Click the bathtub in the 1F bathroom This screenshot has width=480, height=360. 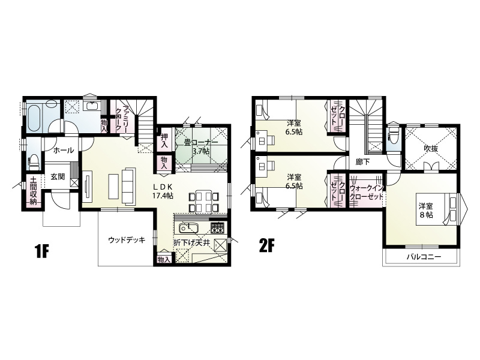pyautogui.click(x=35, y=116)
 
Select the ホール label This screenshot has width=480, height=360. pyautogui.click(x=64, y=151)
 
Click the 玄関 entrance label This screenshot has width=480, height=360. pyautogui.click(x=58, y=176)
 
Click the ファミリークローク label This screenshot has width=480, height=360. pyautogui.click(x=122, y=118)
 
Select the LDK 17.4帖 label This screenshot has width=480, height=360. pyautogui.click(x=163, y=191)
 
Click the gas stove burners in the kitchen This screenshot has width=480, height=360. pyautogui.click(x=218, y=228)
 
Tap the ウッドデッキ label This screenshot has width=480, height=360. pyautogui.click(x=127, y=240)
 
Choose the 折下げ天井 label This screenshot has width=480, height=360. pyautogui.click(x=191, y=244)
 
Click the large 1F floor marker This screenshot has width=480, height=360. pyautogui.click(x=42, y=251)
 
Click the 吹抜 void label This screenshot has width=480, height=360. pyautogui.click(x=431, y=149)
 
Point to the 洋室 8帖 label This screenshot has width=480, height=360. pyautogui.click(x=426, y=211)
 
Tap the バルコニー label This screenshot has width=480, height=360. pyautogui.click(x=424, y=257)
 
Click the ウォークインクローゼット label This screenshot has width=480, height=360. pyautogui.click(x=367, y=192)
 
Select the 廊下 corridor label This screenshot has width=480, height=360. pyautogui.click(x=364, y=162)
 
